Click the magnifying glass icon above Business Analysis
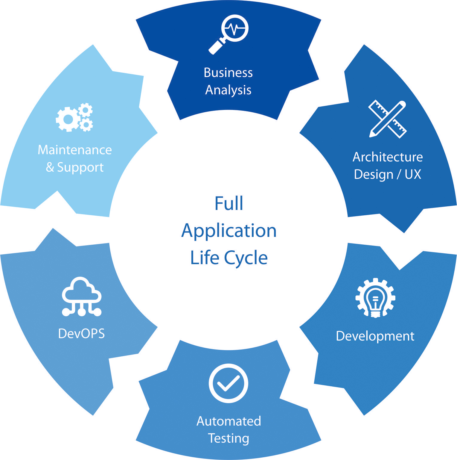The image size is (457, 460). pos(229,34)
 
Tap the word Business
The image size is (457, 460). pos(228,73)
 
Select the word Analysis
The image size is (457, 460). pos(228,90)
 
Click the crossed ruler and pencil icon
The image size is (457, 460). pos(388,119)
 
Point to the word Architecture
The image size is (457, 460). pos(388,157)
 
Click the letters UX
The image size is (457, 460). pos(413,174)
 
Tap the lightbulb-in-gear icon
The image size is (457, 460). pos(375,298)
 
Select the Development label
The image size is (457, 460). pos(375,336)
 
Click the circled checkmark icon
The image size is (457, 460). pos(228,383)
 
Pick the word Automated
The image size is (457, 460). pos(229,421)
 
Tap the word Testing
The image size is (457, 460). pos(229,438)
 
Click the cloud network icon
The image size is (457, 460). pos(82,297)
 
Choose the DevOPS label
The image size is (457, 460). pos(81,334)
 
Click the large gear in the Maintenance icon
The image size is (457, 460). pos(68,119)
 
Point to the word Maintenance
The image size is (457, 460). pos(75,150)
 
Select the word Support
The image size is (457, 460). pos(80,167)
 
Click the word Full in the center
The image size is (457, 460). pos(229,204)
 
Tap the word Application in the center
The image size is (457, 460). pos(229,231)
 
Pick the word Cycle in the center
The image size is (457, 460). pos(246,258)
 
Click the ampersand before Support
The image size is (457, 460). pos(50,167)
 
